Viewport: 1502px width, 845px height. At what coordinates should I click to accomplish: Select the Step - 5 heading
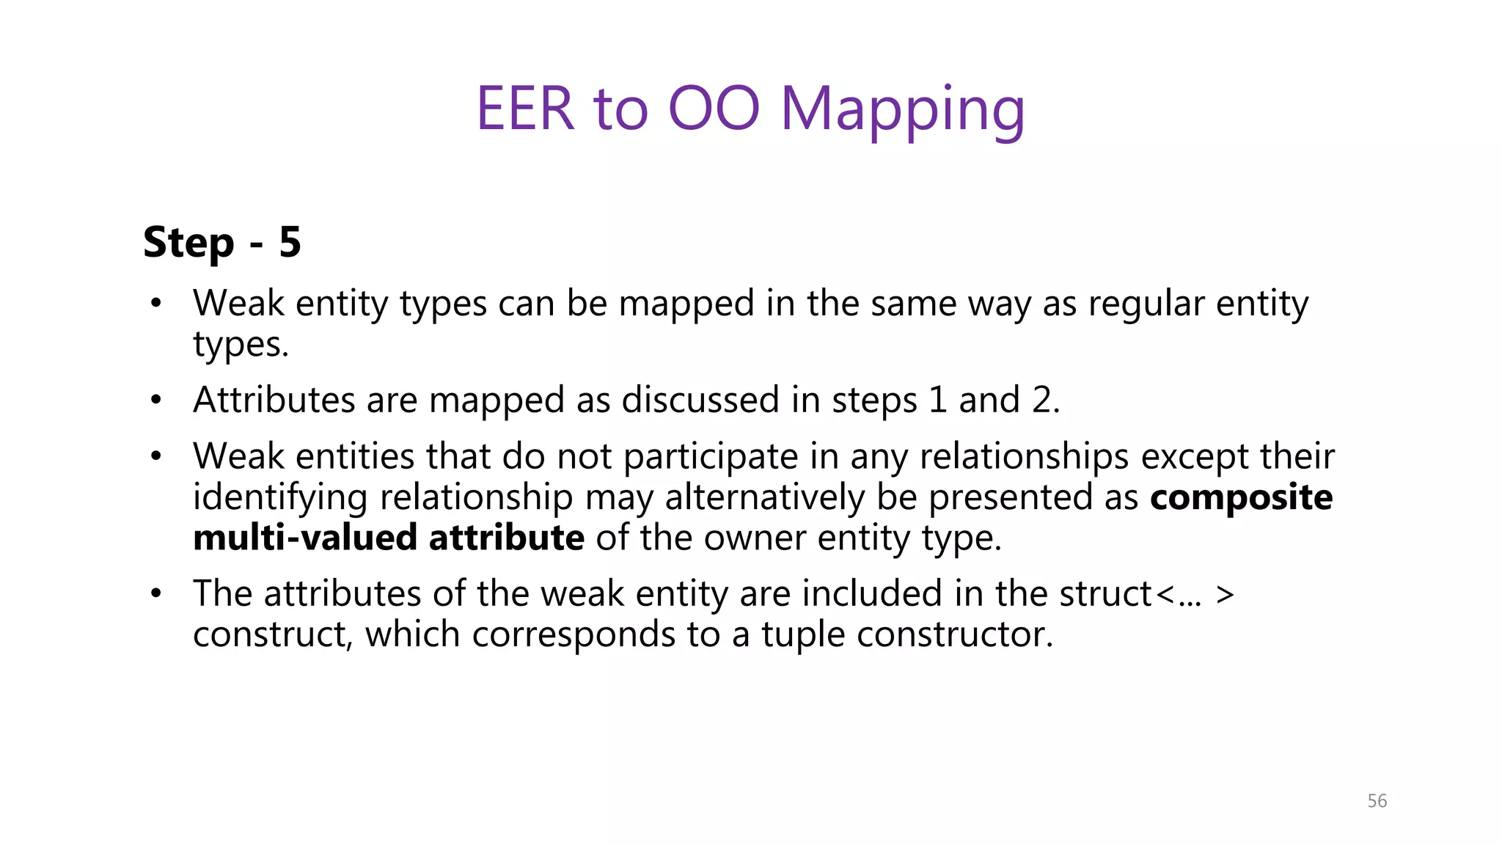[x=222, y=242]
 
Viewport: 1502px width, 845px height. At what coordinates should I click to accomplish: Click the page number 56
[x=1377, y=801]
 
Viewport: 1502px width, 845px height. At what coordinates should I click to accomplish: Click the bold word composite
[x=1241, y=497]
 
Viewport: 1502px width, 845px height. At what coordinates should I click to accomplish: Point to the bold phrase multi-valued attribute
[x=389, y=538]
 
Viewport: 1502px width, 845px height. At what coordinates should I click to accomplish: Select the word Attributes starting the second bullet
[x=274, y=400]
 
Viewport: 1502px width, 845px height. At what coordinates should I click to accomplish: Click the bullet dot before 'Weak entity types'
[x=155, y=303]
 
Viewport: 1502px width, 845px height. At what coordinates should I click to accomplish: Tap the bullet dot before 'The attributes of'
[x=155, y=593]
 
